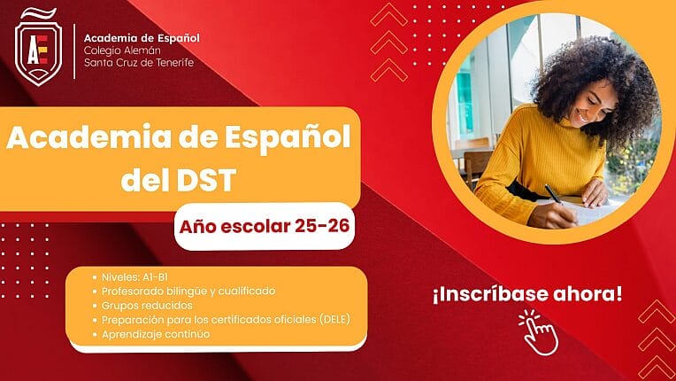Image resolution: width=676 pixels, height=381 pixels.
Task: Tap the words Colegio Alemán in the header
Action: pos(122,51)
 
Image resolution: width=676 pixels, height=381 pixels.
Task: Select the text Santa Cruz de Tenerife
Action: pos(139,63)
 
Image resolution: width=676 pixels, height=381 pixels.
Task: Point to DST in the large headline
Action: pos(206,180)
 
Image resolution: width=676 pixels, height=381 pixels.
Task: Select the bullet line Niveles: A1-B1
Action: pos(134,277)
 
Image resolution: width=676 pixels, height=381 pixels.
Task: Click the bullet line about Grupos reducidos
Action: pos(147,306)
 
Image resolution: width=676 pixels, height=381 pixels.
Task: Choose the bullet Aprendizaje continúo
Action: pos(156,334)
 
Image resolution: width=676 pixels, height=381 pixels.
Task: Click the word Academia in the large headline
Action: pos(88,136)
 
